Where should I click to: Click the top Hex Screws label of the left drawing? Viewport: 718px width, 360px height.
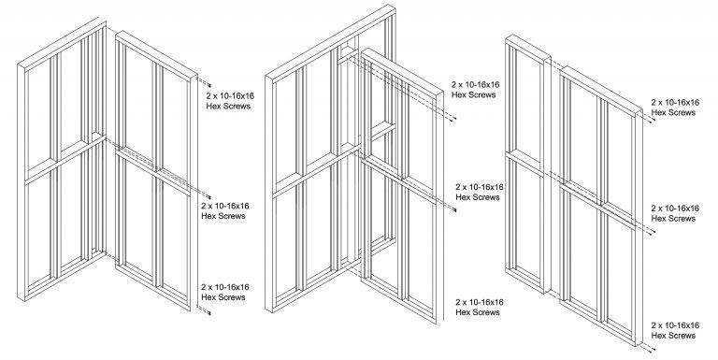click(230, 101)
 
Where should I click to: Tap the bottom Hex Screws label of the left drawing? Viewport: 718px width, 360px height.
click(225, 292)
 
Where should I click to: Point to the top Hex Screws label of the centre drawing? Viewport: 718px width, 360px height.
click(475, 90)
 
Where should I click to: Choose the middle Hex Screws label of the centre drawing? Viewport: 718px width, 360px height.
click(480, 192)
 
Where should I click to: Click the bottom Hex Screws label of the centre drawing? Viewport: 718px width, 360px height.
click(480, 307)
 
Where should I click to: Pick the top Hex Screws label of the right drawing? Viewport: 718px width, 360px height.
click(675, 108)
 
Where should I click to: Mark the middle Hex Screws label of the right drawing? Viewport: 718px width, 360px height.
click(675, 213)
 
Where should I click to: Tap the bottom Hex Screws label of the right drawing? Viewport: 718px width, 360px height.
click(675, 330)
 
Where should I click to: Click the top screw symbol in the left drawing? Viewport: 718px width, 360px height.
click(209, 85)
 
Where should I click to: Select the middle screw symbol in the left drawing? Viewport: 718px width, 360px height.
click(209, 197)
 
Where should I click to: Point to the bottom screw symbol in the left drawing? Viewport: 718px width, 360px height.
click(209, 313)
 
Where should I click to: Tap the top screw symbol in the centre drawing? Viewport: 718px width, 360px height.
click(453, 119)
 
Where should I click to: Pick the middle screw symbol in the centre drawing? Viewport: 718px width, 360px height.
click(454, 210)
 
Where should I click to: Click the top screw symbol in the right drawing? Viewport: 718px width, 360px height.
click(653, 120)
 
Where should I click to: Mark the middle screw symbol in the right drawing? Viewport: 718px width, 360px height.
click(653, 232)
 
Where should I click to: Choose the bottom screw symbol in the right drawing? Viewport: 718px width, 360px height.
click(653, 350)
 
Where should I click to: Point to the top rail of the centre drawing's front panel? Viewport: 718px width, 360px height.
click(402, 72)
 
